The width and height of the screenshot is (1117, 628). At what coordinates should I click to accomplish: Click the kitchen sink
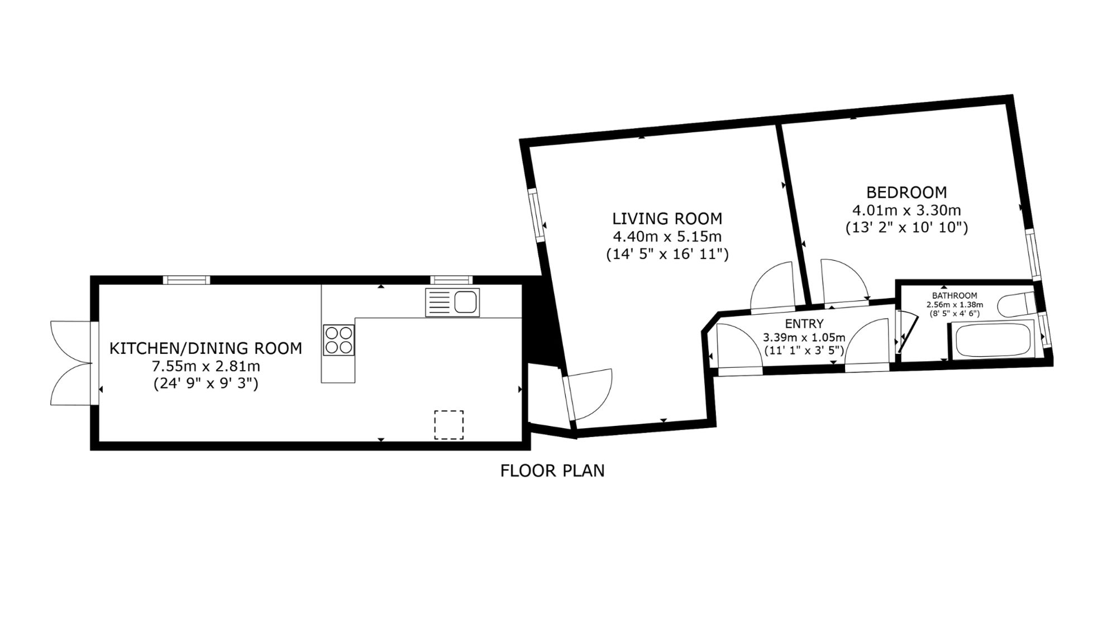[x=452, y=303]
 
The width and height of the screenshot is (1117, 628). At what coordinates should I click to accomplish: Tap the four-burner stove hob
[x=338, y=340]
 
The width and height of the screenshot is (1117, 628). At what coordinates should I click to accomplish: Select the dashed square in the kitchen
[x=449, y=425]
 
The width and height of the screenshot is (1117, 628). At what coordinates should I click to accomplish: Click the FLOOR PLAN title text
[x=552, y=471]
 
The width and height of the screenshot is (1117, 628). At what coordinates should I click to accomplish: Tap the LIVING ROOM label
[x=667, y=218]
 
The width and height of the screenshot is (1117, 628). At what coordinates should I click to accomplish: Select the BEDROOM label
[x=906, y=193]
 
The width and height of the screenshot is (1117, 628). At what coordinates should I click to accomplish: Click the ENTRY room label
[x=804, y=324]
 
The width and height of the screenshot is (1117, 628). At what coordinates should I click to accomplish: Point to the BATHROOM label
[x=954, y=296]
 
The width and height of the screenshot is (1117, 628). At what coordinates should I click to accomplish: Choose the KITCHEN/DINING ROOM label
[x=206, y=348]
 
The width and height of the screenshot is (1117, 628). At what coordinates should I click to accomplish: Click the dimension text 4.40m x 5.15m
[x=667, y=236]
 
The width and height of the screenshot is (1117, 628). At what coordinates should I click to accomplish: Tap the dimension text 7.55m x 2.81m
[x=206, y=367]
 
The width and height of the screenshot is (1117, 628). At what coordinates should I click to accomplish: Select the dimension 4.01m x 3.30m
[x=906, y=210]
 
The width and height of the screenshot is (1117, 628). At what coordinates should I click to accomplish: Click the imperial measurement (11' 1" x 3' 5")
[x=804, y=351]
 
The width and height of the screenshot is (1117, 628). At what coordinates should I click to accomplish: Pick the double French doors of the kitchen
[x=71, y=363]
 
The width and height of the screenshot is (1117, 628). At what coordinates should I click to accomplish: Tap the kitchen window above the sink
[x=451, y=280]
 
